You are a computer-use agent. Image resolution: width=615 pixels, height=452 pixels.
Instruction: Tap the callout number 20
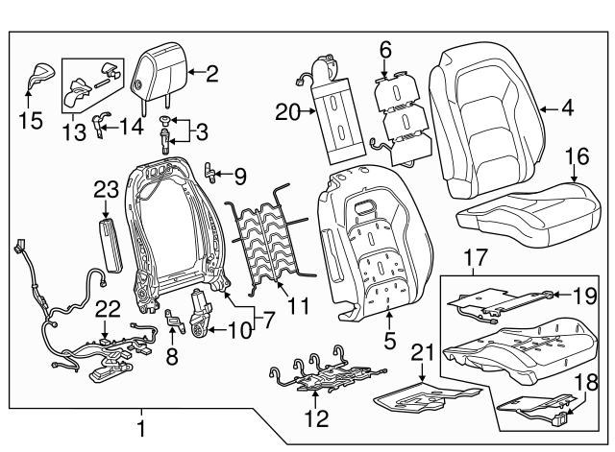tap(287, 113)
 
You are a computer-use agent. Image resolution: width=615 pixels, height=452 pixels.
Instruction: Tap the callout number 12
tap(315, 418)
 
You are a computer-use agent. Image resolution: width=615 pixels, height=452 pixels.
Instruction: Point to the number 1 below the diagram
tap(141, 427)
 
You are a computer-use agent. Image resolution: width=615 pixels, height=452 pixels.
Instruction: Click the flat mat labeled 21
tap(423, 394)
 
